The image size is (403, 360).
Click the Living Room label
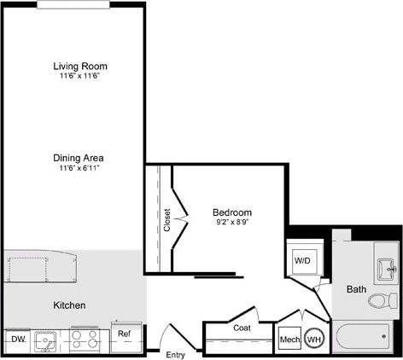pyautogui.click(x=81, y=66)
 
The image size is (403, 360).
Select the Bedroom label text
pyautogui.click(x=232, y=212)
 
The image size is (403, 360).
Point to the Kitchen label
pyautogui.click(x=69, y=305)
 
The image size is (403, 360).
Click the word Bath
pyautogui.click(x=356, y=289)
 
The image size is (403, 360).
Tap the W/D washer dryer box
pyautogui.click(x=302, y=259)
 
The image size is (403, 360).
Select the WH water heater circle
pyautogui.click(x=314, y=340)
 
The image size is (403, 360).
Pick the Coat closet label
pyautogui.click(x=242, y=327)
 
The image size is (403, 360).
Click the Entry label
pyautogui.click(x=176, y=354)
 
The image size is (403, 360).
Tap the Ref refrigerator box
pyautogui.click(x=125, y=334)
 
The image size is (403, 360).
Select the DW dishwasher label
pyautogui.click(x=17, y=339)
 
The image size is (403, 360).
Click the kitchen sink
pyautogui.click(x=46, y=340)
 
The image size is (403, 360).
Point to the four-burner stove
pyautogui.click(x=85, y=340)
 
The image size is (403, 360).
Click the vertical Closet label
pyautogui.click(x=167, y=219)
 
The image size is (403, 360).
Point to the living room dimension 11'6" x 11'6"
pyautogui.click(x=81, y=76)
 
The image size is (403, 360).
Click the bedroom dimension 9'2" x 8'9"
pyautogui.click(x=232, y=223)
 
